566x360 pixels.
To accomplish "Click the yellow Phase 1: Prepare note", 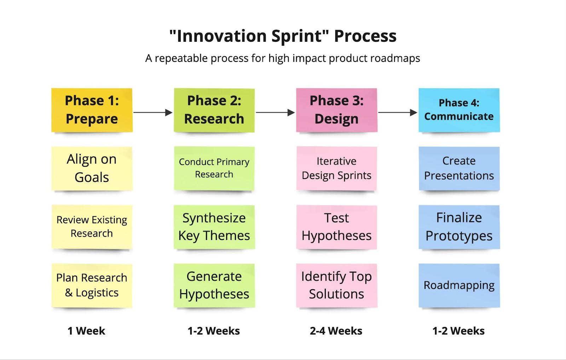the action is coord(92,110).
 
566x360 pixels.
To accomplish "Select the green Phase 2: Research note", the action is coord(214,110).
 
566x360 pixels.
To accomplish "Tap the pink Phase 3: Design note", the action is coord(336,110).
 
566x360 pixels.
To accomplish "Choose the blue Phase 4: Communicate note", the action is coord(459,110).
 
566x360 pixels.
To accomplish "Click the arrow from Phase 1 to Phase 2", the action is coord(153,112).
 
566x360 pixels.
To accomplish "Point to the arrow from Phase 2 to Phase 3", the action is coord(276,112).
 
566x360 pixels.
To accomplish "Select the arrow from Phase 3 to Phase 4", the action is coord(398,112).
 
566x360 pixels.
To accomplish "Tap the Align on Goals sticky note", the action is coord(92,168).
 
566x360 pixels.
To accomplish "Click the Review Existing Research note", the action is coord(92,227).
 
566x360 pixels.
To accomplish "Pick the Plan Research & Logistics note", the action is coord(92,285).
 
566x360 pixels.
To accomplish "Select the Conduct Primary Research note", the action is coord(214,168).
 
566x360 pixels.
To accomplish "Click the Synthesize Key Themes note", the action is coord(214,227).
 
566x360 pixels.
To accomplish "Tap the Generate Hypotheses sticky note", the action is coord(214,285).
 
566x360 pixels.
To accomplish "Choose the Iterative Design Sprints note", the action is coord(336,168).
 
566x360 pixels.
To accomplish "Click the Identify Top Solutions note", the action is coord(336,285).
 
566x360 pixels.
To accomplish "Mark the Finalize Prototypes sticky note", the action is coord(459,227).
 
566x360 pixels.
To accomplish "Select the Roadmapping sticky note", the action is coord(459,285).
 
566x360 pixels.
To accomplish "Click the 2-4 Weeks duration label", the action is coord(336,331).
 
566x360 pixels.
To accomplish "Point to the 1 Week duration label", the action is coord(86,331).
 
